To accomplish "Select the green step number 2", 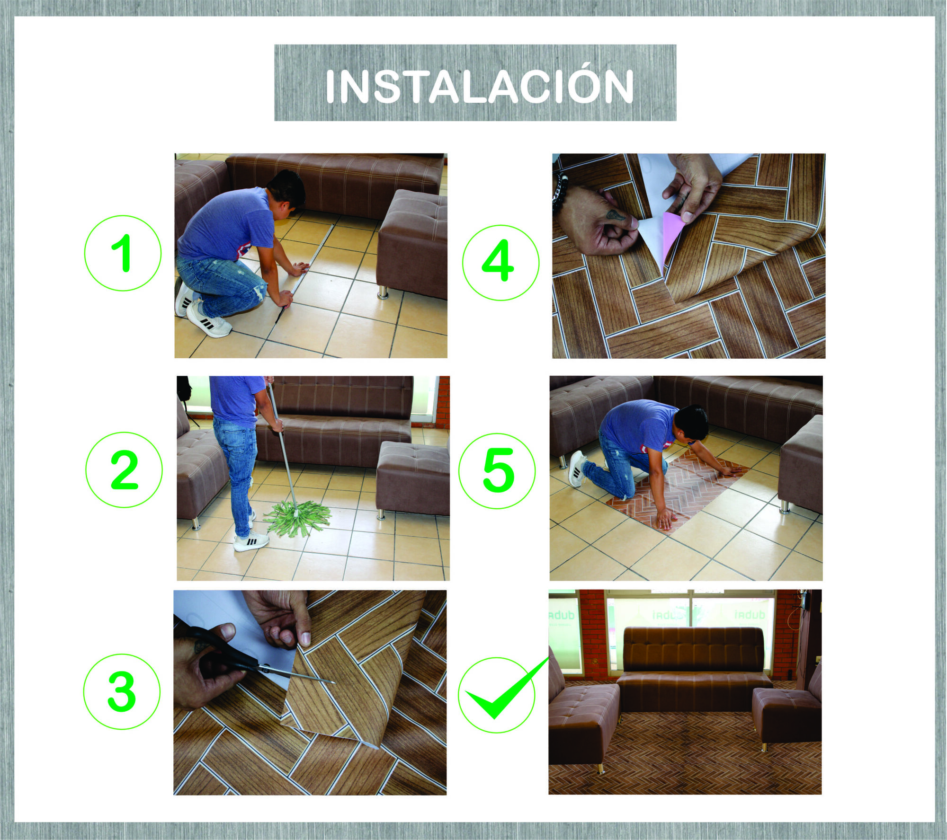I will pyautogui.click(x=124, y=470).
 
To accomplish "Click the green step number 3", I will pyautogui.click(x=122, y=692).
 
